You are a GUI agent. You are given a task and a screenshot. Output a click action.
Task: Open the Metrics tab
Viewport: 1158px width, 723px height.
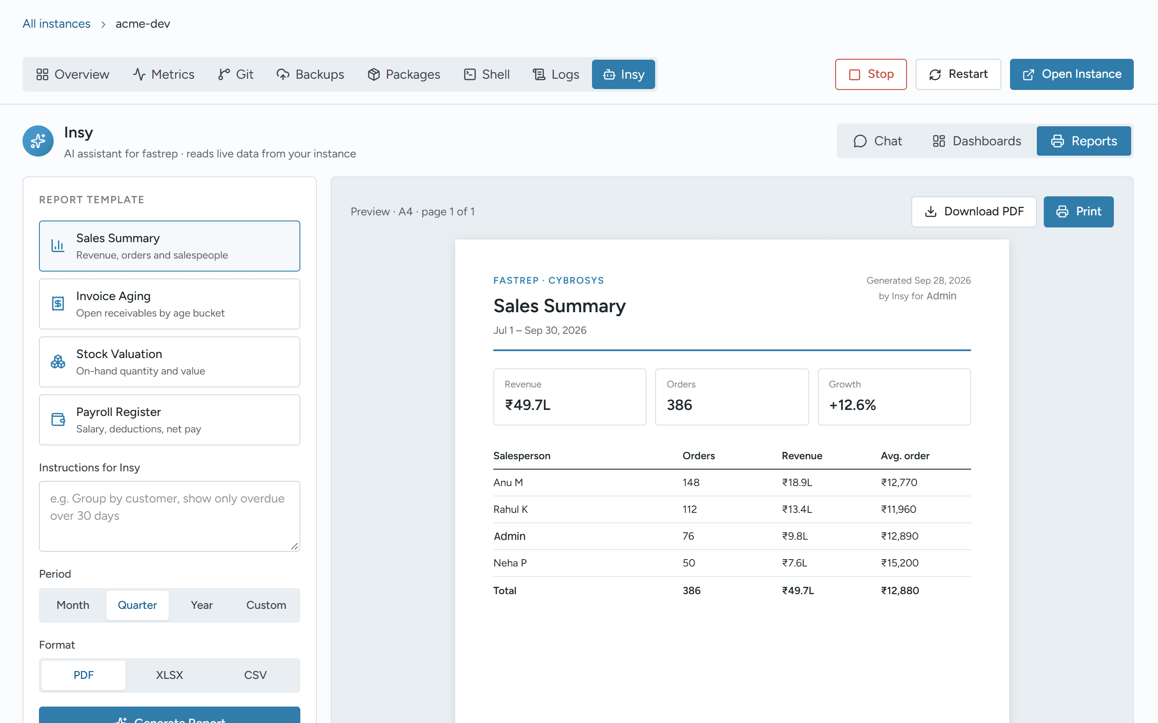[163, 74]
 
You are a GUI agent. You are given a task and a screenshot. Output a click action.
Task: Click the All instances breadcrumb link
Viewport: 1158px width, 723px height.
[56, 23]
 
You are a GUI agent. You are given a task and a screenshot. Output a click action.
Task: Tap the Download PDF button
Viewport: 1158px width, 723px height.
[974, 211]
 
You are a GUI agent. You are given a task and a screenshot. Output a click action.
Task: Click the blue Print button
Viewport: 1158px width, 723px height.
[1078, 211]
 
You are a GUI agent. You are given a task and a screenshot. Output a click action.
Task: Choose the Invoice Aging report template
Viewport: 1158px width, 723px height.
[169, 304]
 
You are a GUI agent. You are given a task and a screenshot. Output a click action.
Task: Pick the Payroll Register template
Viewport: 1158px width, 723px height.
[169, 420]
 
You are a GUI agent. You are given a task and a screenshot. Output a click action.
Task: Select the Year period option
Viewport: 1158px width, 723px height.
[202, 605]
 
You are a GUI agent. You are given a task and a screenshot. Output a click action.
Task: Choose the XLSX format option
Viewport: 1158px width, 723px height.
[169, 675]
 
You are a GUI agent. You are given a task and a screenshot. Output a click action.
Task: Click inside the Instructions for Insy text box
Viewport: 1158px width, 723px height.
[169, 516]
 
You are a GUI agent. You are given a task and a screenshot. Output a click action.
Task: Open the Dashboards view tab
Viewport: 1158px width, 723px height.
[977, 141]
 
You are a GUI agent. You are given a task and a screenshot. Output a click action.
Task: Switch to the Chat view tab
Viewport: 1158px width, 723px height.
[878, 141]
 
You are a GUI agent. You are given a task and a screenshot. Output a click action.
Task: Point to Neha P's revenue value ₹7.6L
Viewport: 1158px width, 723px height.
[795, 563]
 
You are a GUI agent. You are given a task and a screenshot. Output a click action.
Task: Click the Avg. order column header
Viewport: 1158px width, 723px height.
[905, 456]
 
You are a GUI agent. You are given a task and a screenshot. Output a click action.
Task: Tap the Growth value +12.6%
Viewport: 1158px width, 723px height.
[852, 405]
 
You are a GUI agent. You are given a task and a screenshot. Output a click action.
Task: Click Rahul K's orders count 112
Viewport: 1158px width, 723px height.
[689, 509]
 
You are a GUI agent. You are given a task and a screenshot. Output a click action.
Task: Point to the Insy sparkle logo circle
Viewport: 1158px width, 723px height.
[38, 141]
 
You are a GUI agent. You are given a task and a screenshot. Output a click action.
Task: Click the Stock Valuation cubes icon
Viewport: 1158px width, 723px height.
[58, 362]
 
